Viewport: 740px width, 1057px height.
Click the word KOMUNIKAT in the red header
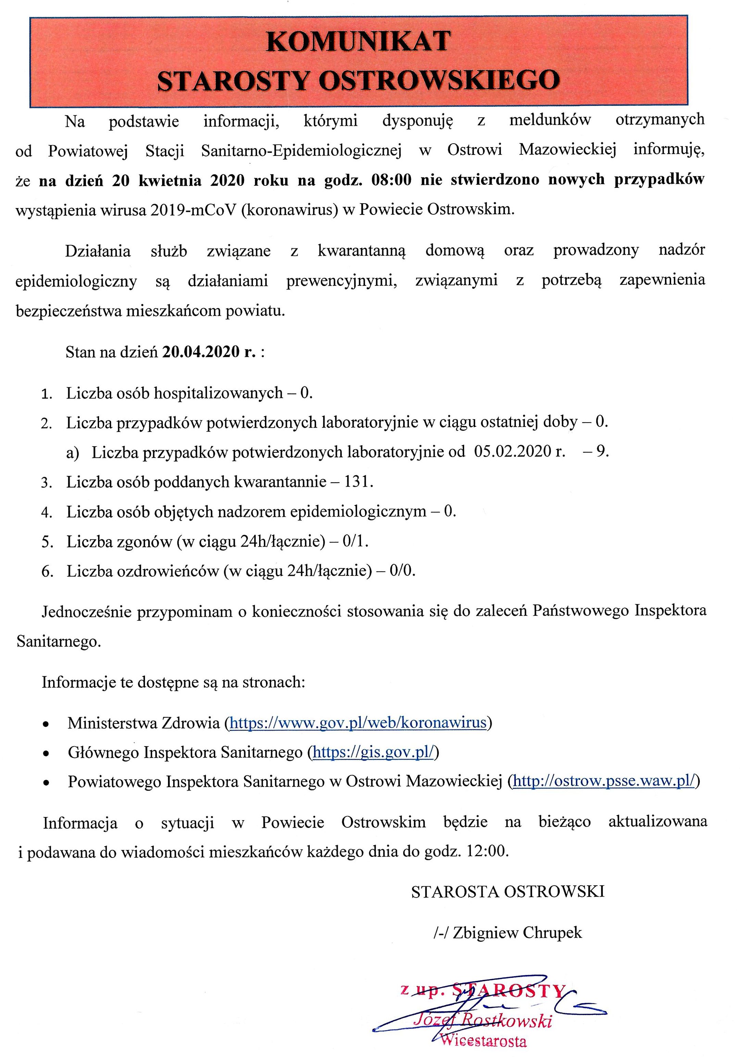(358, 41)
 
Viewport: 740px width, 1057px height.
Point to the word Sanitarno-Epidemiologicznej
(301, 150)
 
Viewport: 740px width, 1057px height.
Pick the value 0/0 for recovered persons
(402, 571)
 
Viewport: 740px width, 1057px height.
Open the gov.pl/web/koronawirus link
(358, 723)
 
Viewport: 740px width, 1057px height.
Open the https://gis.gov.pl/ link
(373, 753)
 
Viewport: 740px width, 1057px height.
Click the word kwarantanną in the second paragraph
(362, 251)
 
